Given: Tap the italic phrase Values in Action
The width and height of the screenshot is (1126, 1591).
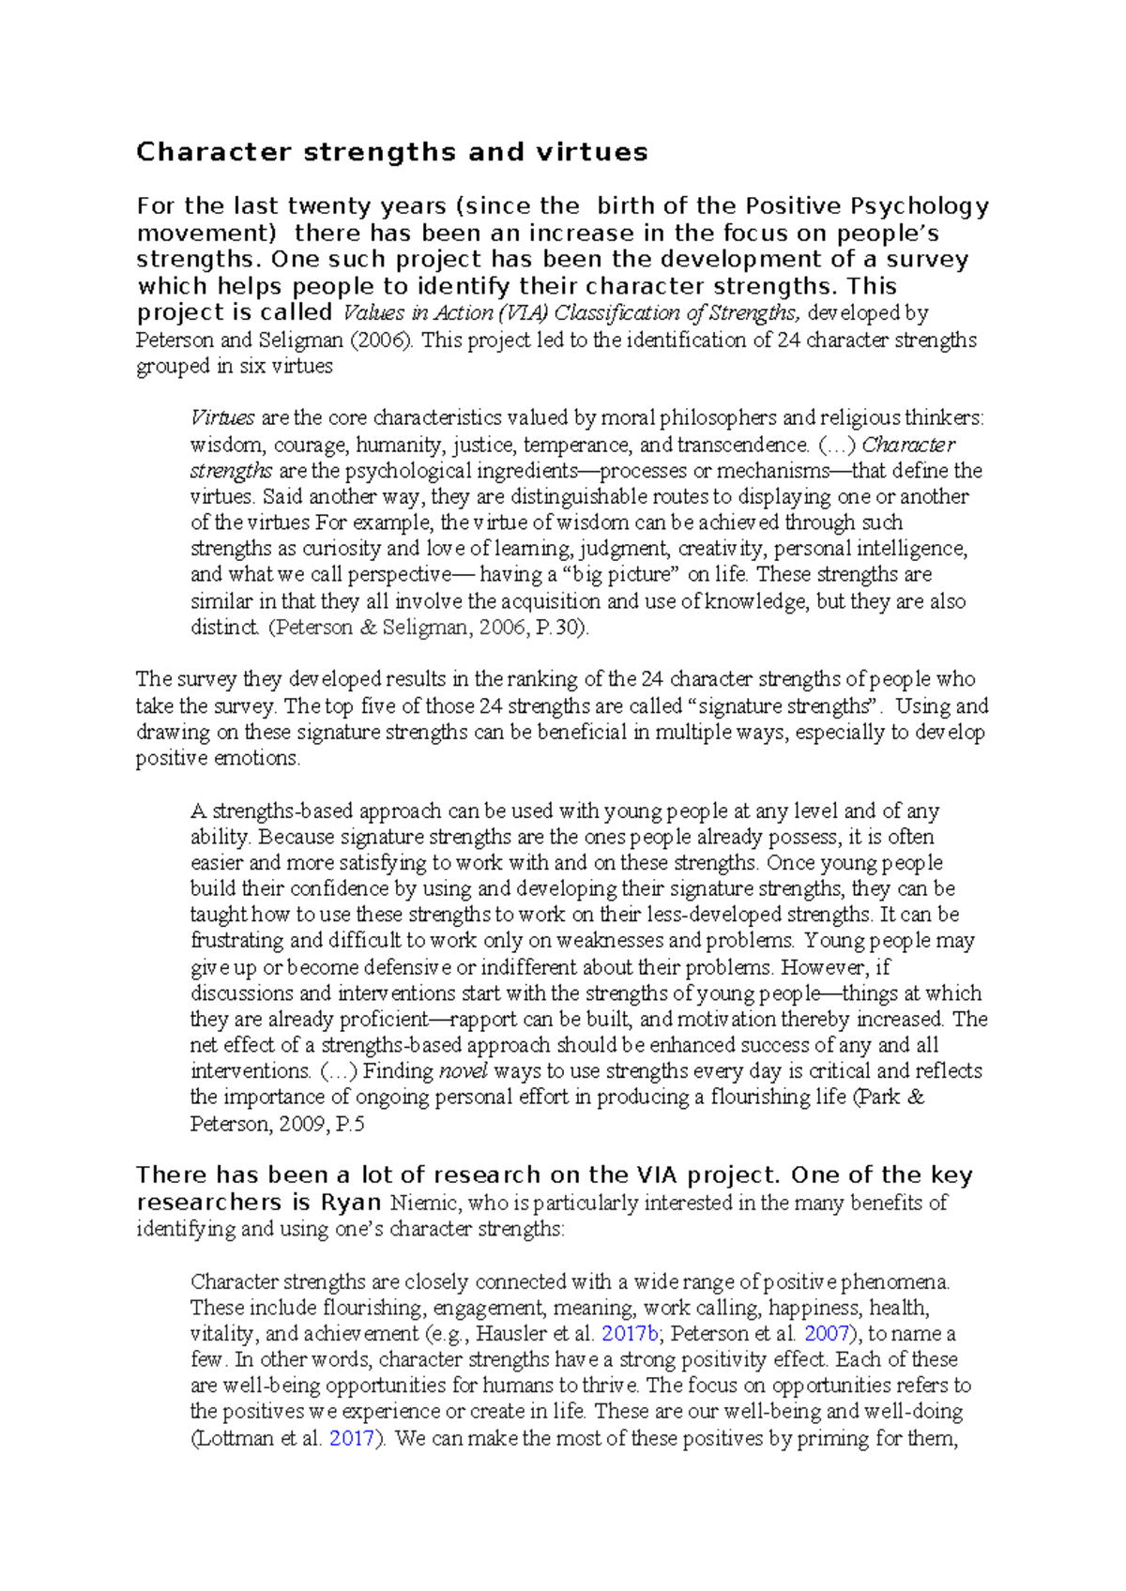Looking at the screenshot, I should [418, 313].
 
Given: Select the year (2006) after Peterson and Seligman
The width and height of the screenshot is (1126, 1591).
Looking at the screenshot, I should [380, 340].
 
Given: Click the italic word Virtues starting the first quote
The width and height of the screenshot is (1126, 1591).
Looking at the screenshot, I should [222, 417].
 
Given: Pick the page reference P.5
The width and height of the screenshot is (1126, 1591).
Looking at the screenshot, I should [349, 1124].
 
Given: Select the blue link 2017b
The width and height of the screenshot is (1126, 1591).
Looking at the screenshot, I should [631, 1333].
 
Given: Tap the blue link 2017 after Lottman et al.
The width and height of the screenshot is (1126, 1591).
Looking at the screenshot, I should [352, 1438].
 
